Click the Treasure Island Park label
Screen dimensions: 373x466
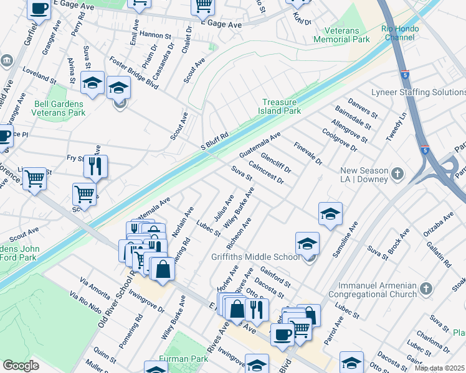point(281,106)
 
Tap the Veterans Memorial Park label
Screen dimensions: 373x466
point(342,35)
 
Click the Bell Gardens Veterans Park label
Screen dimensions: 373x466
point(42,108)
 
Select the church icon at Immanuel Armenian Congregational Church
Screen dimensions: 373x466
point(426,288)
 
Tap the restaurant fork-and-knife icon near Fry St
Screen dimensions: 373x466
point(95,165)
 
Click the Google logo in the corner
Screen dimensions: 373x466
point(21,366)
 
